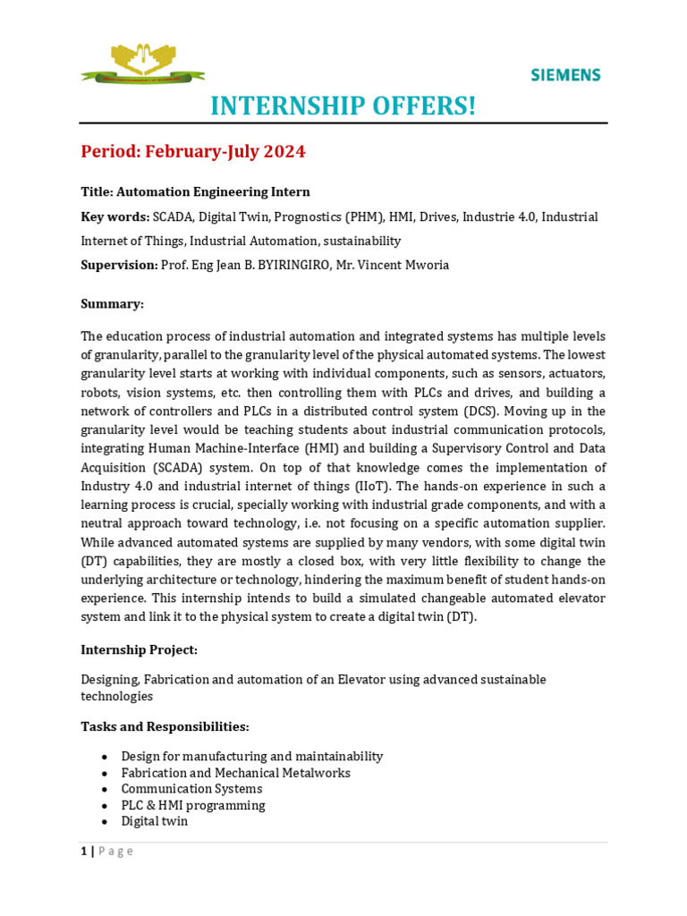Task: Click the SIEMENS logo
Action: (565, 75)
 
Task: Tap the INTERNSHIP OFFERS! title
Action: (343, 106)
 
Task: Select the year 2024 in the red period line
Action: (284, 152)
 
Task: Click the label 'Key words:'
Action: (114, 216)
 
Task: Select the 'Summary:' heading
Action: (112, 304)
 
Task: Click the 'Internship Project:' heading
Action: (139, 649)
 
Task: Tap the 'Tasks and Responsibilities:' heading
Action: (165, 726)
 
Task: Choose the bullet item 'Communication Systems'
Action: (191, 789)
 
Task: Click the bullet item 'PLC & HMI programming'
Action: (193, 805)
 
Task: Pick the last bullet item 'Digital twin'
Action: (155, 821)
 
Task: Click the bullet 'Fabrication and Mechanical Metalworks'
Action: (235, 773)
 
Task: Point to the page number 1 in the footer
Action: (84, 852)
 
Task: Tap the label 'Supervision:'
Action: (119, 265)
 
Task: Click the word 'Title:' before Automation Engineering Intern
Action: (97, 191)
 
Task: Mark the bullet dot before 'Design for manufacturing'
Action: (105, 757)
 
